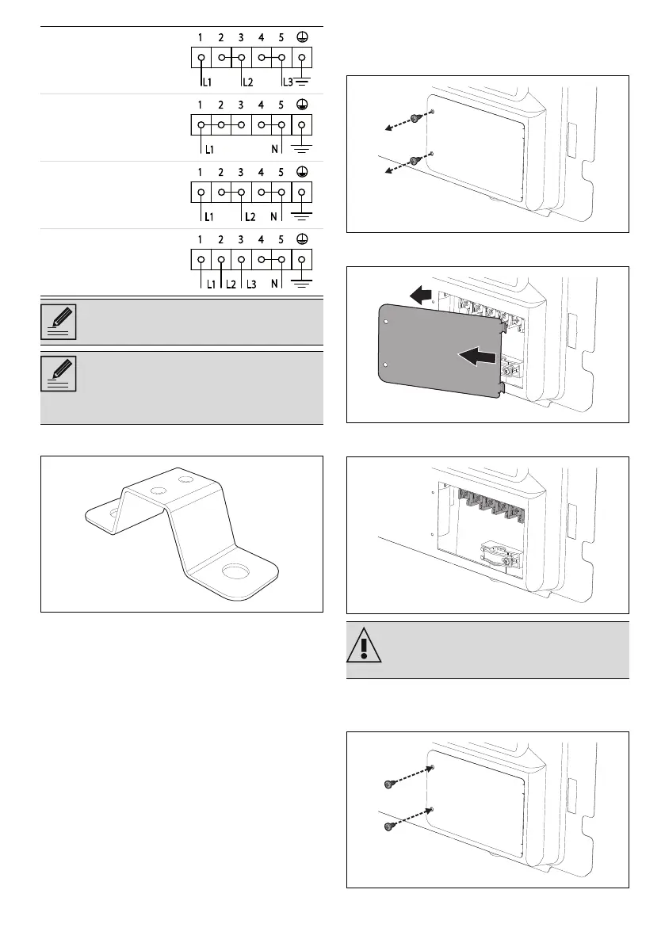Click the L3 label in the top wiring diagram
289,82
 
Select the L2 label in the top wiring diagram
248,82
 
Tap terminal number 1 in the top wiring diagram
202,36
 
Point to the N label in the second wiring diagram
274,149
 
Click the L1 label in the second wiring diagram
210,149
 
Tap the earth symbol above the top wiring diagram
302,36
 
